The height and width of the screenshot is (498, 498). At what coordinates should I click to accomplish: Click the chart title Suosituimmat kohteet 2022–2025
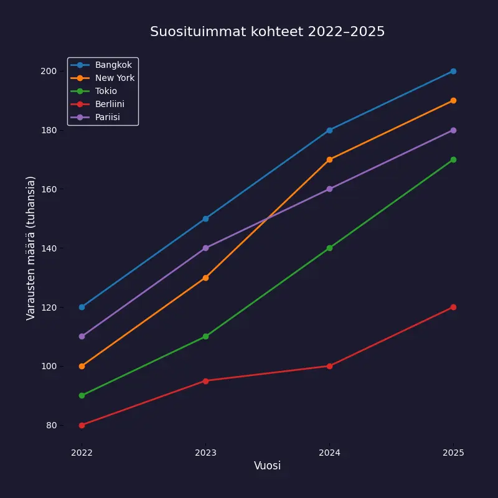coord(267,32)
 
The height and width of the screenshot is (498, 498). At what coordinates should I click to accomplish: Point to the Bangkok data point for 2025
coord(453,71)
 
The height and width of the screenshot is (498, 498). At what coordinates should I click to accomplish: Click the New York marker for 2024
coord(329,159)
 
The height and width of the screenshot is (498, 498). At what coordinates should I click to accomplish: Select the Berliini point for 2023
coord(205,380)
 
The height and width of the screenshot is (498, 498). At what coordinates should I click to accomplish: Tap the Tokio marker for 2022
coord(82,395)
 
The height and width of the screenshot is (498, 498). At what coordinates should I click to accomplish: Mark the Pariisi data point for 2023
coord(205,248)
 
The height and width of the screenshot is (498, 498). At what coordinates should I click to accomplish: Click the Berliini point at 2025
coord(453,307)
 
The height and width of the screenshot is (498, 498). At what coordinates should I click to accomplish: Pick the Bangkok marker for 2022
coord(82,307)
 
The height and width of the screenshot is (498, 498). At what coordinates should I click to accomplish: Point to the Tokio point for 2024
coord(329,248)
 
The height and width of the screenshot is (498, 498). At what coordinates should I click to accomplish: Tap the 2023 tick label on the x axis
coord(205,453)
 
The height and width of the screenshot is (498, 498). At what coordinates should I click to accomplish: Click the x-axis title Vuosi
coord(267,466)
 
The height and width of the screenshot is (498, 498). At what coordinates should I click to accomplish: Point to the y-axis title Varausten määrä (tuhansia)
coord(31,248)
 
